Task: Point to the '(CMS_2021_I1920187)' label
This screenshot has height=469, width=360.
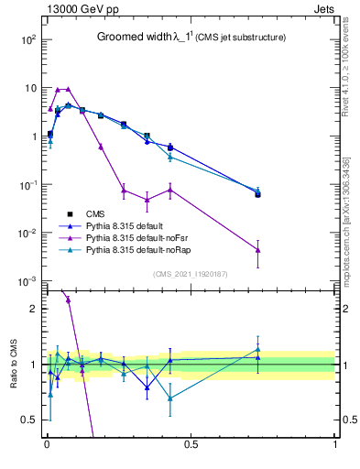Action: [x=191, y=274]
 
